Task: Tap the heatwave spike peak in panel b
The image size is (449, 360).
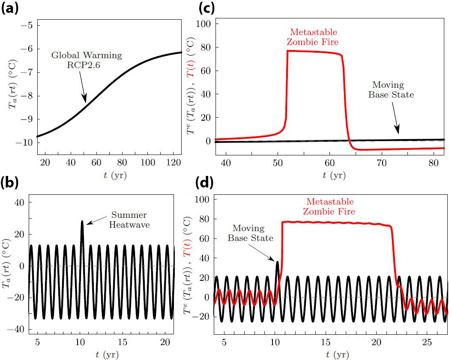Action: pos(82,221)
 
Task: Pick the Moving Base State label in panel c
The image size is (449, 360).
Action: pos(391,90)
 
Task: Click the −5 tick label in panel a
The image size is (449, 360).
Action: pos(20,25)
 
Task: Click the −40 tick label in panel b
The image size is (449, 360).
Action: pos(18,330)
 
